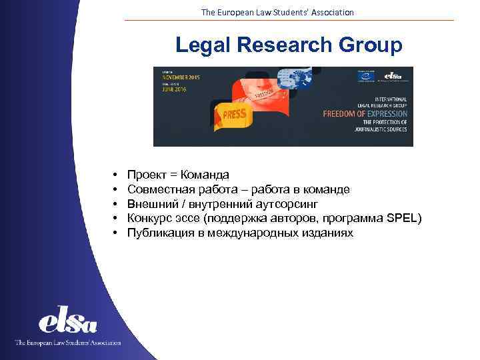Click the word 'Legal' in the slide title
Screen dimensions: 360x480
(201, 45)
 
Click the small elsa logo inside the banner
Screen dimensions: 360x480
(393, 76)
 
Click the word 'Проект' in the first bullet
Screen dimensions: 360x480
(146, 175)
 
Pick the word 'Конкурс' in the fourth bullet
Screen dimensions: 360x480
(149, 219)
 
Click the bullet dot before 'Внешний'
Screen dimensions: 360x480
(115, 204)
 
